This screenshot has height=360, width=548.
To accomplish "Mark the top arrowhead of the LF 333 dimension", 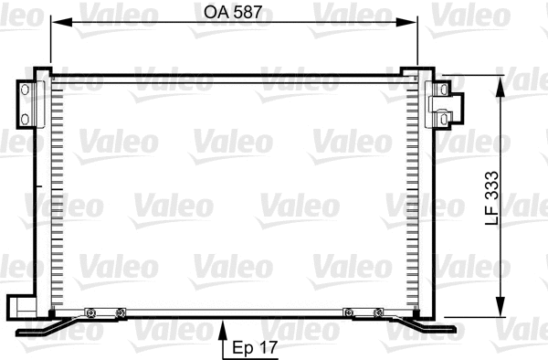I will [x=500, y=84].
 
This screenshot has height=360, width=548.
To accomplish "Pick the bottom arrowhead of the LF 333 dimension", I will [x=500, y=307].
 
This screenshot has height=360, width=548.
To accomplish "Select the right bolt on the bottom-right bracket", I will [x=378, y=313].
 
